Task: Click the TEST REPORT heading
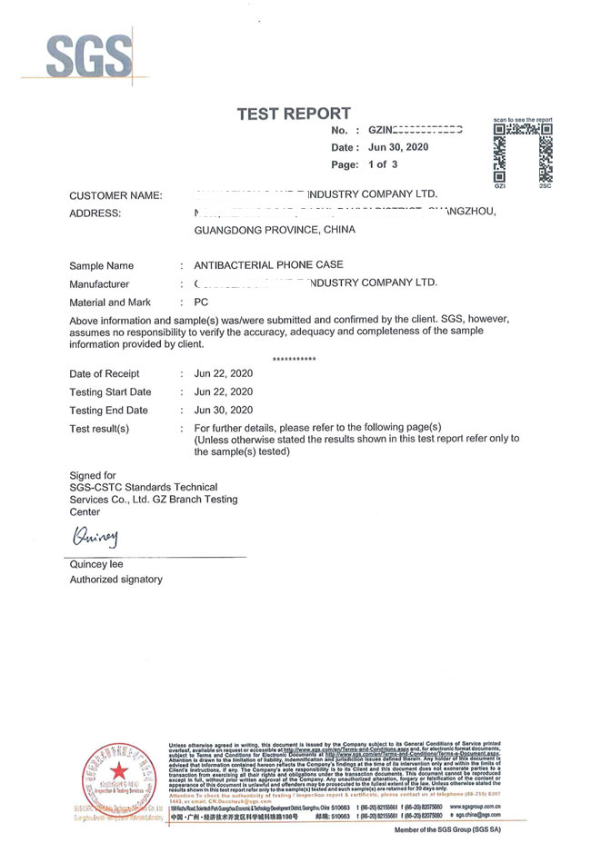click(x=293, y=114)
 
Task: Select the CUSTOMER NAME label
click(x=115, y=196)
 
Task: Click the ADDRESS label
click(x=95, y=213)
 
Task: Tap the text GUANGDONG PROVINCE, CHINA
click(x=275, y=231)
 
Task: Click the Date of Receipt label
click(x=105, y=373)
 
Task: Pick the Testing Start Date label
click(x=110, y=392)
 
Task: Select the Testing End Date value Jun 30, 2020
click(x=224, y=410)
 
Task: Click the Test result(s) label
click(x=99, y=428)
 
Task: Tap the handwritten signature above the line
click(x=95, y=538)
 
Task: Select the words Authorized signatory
click(x=116, y=580)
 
